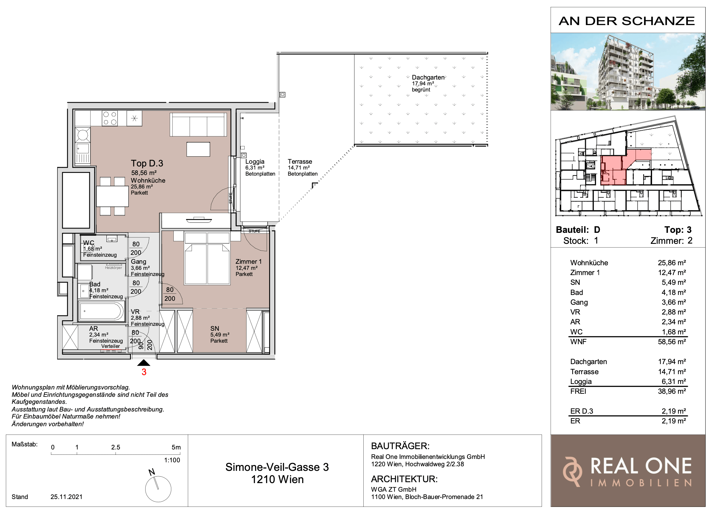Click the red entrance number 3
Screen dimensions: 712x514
coord(144,372)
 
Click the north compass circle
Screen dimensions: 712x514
coord(158,489)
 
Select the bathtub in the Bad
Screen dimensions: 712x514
coord(102,311)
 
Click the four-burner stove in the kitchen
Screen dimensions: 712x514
coord(110,118)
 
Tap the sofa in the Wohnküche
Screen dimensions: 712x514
coord(198,125)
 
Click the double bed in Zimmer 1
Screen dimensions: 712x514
coord(207,259)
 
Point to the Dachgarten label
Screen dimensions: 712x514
coord(428,77)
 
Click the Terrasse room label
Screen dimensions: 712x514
coord(300,162)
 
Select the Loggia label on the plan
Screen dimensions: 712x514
coord(254,162)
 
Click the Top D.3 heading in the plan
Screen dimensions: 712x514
coord(147,163)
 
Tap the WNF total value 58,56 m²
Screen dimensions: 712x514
coord(672,342)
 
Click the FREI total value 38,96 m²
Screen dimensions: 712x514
coord(672,391)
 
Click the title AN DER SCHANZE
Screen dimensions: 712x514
coord(627,21)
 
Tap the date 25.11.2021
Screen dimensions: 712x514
coord(67,497)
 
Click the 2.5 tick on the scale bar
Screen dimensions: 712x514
coord(116,447)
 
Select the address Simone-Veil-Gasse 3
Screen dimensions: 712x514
coord(277,467)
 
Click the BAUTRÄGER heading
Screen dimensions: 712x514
coord(400,446)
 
